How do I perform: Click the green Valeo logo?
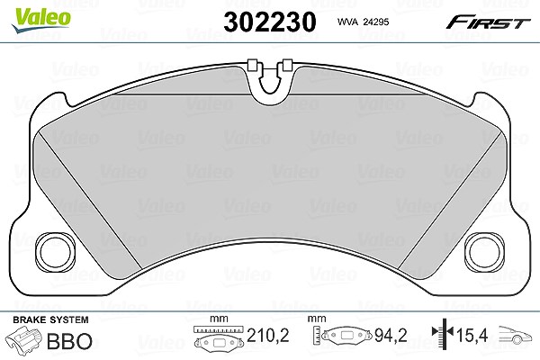(x=41, y=20)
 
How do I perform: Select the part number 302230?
(x=270, y=22)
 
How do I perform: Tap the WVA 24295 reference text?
(x=363, y=22)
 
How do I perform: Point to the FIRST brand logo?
(x=488, y=22)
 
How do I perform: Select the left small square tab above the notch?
(x=253, y=65)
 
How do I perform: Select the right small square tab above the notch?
(x=287, y=65)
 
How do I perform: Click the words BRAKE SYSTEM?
(x=50, y=319)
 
